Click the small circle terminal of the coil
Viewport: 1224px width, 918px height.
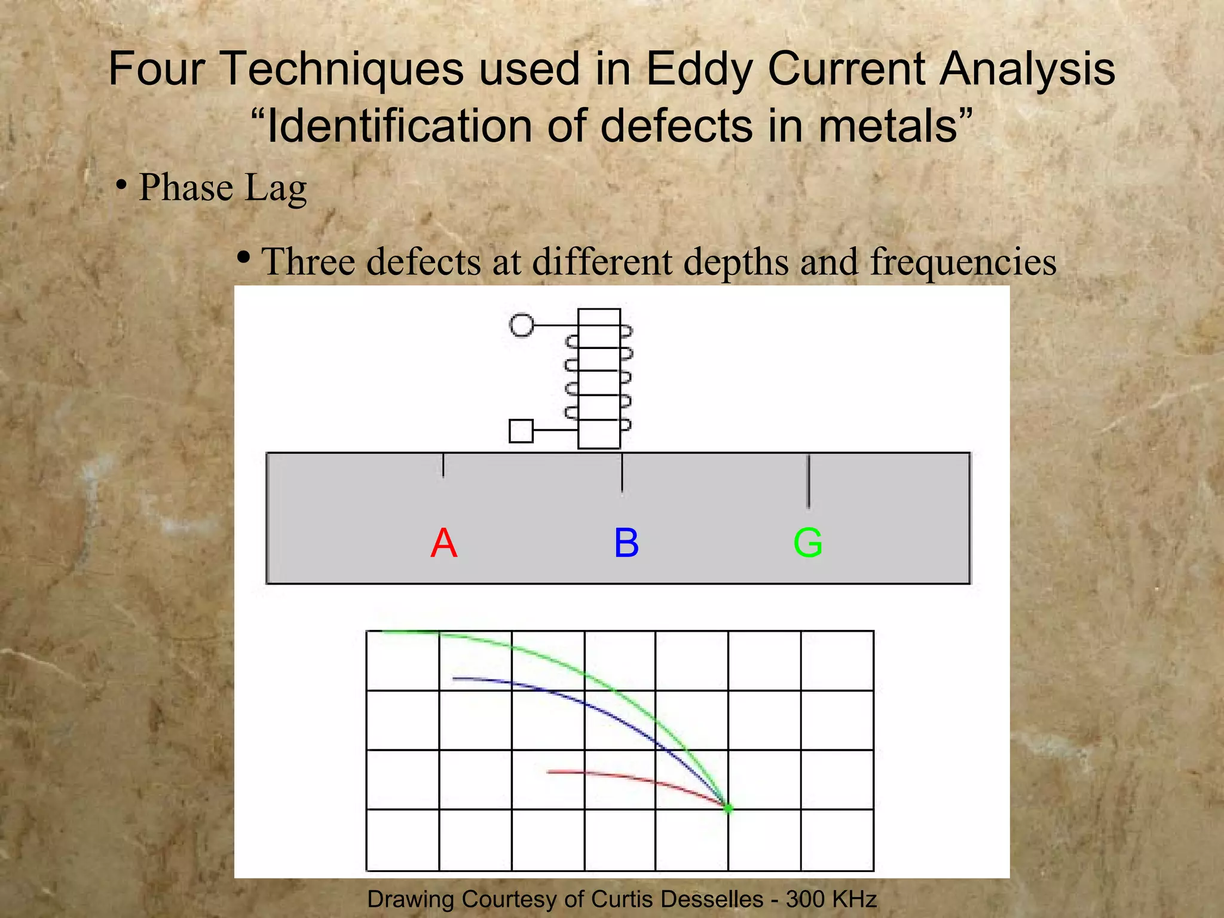click(521, 325)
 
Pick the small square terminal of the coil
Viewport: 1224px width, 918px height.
click(521, 430)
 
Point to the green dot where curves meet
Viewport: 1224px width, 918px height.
click(729, 809)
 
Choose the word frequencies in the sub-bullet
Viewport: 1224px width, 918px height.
click(963, 262)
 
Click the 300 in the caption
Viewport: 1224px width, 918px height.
click(804, 899)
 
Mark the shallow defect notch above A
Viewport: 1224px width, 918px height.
click(443, 465)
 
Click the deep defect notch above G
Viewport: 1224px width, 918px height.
click(808, 481)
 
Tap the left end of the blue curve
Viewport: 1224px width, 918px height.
click(455, 678)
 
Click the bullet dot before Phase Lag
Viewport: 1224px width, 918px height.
click(121, 186)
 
